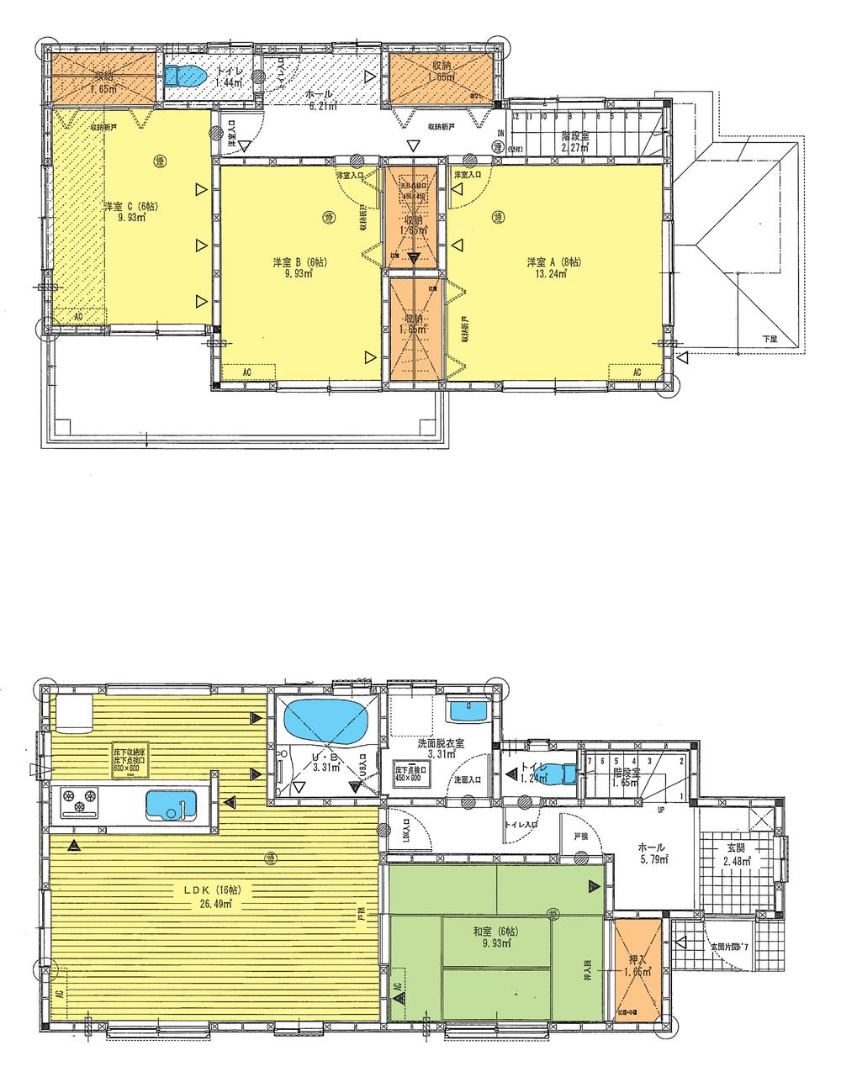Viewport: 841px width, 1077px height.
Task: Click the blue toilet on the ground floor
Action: pos(569,772)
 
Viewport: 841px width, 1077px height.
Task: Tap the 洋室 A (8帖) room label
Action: pos(549,261)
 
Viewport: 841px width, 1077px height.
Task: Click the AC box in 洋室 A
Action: pos(636,372)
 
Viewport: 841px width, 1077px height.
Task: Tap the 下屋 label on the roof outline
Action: pos(770,338)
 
